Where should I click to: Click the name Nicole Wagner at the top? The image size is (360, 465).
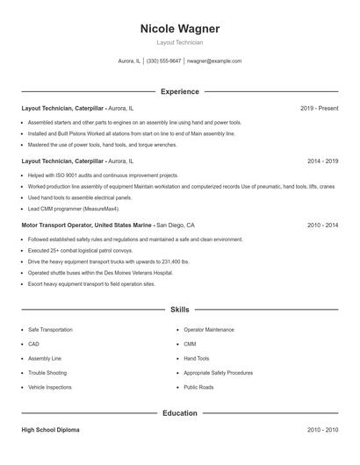180,28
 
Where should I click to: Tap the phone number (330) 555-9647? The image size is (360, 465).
164,61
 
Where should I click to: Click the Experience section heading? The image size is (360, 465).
180,91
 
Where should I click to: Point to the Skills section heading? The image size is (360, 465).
180,310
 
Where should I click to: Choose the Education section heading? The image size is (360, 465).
180,412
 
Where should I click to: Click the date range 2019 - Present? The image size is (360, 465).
319,108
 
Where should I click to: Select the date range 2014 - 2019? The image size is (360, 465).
322,161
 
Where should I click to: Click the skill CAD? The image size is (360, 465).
33,344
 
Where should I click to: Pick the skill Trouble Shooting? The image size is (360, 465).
47,373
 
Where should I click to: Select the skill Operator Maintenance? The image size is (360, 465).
208,330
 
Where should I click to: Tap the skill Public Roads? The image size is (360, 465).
198,387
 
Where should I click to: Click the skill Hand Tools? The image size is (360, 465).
197,359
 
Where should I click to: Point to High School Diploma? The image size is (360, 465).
51,430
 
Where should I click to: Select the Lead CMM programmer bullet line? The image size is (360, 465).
73,210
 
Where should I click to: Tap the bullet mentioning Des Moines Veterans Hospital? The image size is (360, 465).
100,273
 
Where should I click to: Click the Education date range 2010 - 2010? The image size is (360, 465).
322,430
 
